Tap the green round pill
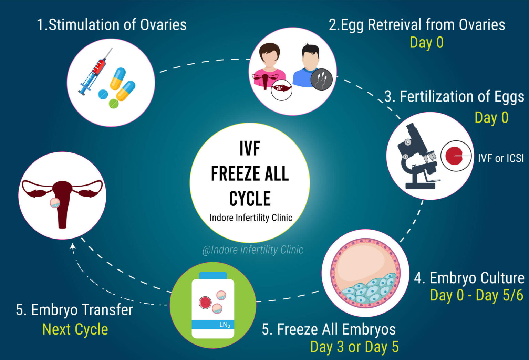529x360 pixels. pos(114,103)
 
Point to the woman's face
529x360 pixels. pos(269,59)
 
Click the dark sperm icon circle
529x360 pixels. pos(321,79)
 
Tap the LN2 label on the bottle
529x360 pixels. pos(225,325)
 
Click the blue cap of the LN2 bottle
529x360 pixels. pos(213,275)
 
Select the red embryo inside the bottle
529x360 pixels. pos(206,303)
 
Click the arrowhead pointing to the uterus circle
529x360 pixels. pos(73,246)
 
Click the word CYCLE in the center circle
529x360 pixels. pos(250,199)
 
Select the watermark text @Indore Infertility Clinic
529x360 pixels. pos(253,250)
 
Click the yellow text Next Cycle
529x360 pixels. pos(75,329)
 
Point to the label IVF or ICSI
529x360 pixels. pos(501,158)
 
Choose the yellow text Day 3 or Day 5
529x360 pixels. pos(354,347)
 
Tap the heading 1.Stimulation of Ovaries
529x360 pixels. pos(112,25)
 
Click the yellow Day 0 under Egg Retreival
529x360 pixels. pos(426,43)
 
